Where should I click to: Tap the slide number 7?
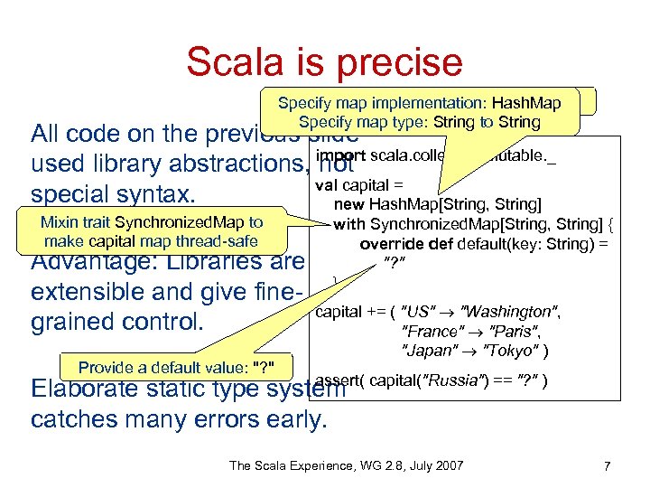pos(608,465)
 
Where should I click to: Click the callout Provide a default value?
pos(176,368)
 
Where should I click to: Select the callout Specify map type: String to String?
pos(419,122)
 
